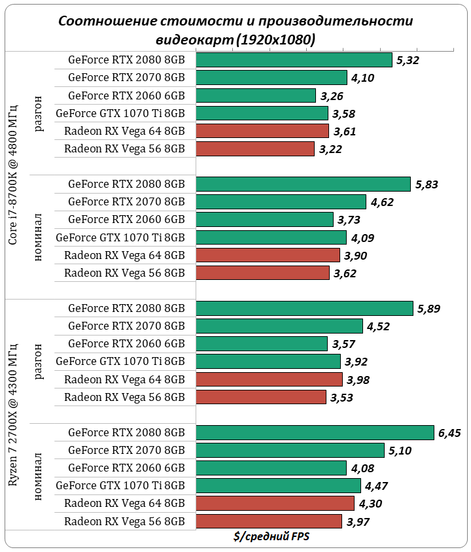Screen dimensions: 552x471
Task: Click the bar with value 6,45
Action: pos(315,432)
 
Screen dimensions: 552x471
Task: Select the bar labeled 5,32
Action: pos(294,60)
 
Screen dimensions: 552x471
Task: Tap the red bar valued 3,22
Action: pos(255,148)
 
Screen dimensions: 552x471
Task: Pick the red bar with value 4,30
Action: pos(275,503)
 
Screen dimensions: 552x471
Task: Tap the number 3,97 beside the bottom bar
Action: pos(359,521)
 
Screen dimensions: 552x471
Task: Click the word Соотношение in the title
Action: pos(99,21)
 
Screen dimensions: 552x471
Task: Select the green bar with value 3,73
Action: pos(264,219)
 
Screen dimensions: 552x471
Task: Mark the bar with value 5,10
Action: pos(290,450)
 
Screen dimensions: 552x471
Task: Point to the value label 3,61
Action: pos(345,131)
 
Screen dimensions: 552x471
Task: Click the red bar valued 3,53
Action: pos(260,397)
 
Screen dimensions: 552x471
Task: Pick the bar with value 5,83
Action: pos(303,184)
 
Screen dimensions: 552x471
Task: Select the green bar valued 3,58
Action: pos(262,113)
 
